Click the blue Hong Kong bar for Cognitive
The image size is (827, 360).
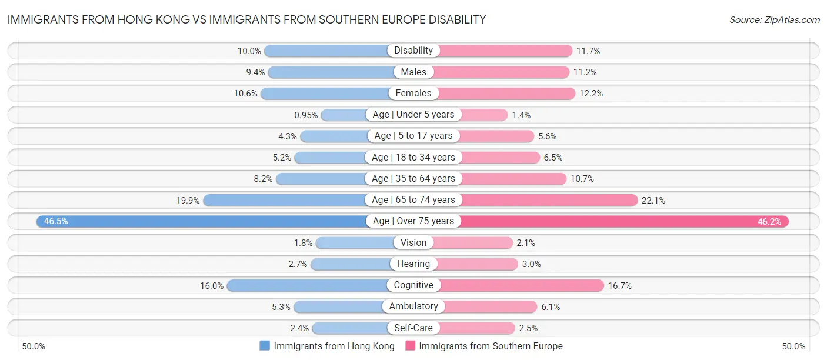306,285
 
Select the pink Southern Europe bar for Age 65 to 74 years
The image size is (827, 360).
547,200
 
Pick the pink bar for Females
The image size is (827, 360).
506,93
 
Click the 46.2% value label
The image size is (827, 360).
771,222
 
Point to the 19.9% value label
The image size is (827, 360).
188,200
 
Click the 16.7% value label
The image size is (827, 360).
620,285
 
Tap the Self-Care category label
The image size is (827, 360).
413,328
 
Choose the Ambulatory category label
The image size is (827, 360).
413,306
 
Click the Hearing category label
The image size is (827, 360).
413,264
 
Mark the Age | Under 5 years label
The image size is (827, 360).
413,115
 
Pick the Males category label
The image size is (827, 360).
413,72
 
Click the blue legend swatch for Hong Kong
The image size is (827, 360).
265,346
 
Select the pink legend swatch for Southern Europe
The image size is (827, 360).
411,346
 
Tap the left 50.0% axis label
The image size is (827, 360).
34,346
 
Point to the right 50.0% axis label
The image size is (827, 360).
793,346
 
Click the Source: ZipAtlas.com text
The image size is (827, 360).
774,19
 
